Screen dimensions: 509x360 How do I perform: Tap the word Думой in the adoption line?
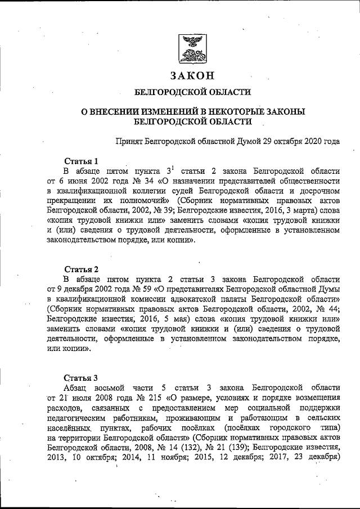pos(239,140)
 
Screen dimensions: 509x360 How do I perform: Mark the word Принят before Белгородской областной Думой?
pos(128,140)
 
